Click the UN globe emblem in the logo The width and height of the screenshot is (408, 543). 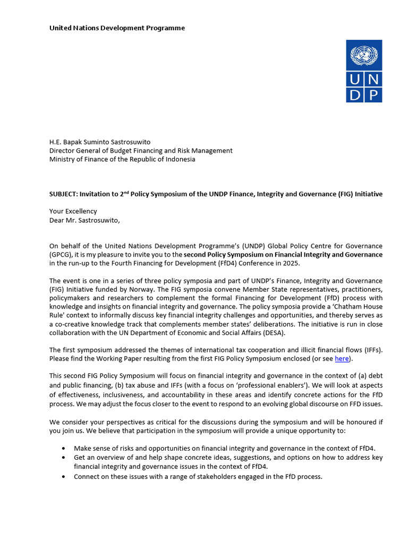point(364,55)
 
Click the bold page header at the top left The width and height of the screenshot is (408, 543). point(117,28)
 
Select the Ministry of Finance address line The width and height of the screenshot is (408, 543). point(122,159)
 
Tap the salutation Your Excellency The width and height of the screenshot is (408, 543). point(73,211)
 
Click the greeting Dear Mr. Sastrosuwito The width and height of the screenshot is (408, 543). point(85,220)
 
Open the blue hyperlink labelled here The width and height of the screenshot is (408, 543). point(342,358)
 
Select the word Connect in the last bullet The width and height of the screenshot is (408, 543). point(87,476)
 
